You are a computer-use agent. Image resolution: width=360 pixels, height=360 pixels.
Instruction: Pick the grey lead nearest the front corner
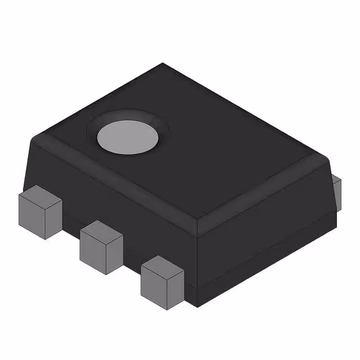click(162, 282)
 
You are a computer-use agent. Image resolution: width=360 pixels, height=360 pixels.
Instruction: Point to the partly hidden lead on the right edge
click(336, 191)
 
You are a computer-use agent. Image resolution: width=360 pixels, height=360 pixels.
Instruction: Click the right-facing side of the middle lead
click(115, 253)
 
